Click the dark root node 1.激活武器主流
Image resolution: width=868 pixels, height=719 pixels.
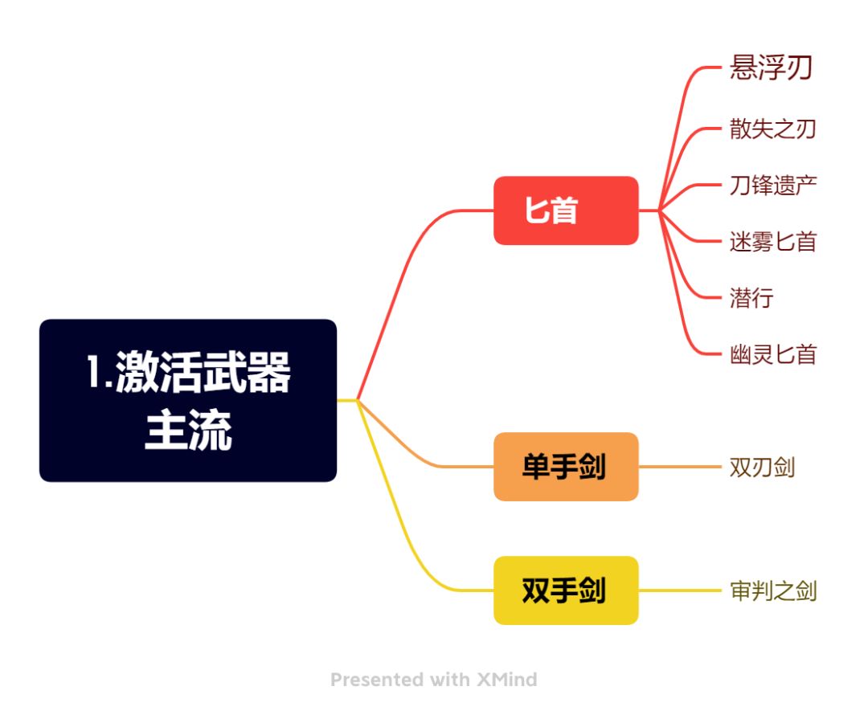click(187, 400)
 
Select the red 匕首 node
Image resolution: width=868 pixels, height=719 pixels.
click(566, 210)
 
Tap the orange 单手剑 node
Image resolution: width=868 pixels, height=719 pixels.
click(566, 467)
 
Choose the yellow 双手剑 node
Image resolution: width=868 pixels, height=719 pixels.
click(566, 590)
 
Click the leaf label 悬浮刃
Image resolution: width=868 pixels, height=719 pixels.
click(771, 68)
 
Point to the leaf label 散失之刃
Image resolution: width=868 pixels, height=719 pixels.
click(772, 129)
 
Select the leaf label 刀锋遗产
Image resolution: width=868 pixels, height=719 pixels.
click(772, 185)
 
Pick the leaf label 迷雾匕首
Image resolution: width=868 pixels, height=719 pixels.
click(772, 241)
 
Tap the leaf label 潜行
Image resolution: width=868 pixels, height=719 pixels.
click(751, 298)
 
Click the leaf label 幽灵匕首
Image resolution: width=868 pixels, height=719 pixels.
click(772, 354)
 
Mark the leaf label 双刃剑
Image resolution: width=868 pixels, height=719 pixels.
click(762, 467)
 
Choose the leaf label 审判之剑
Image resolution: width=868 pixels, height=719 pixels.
click(772, 591)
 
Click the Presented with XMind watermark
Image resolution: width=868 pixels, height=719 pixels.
click(434, 680)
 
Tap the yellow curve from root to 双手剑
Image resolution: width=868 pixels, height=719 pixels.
click(402, 522)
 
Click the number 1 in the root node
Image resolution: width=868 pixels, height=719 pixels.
click(94, 374)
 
